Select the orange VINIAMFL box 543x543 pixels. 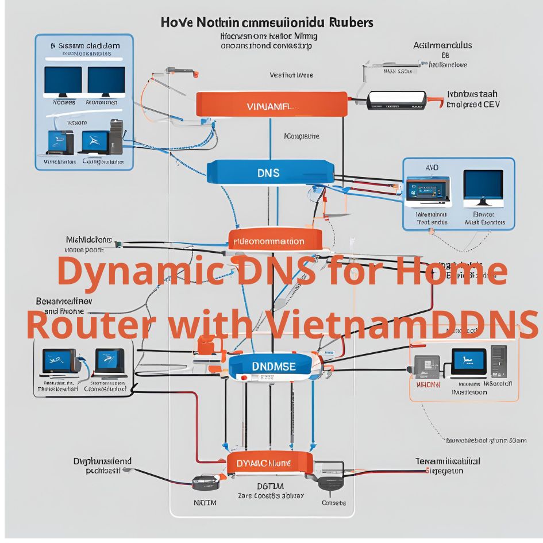271,105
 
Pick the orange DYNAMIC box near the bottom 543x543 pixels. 269,463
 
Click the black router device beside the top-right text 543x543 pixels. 397,99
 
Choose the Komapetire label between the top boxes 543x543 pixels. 302,137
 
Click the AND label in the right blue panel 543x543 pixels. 432,167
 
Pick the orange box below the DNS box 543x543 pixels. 274,242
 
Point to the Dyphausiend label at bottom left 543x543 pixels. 103,461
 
